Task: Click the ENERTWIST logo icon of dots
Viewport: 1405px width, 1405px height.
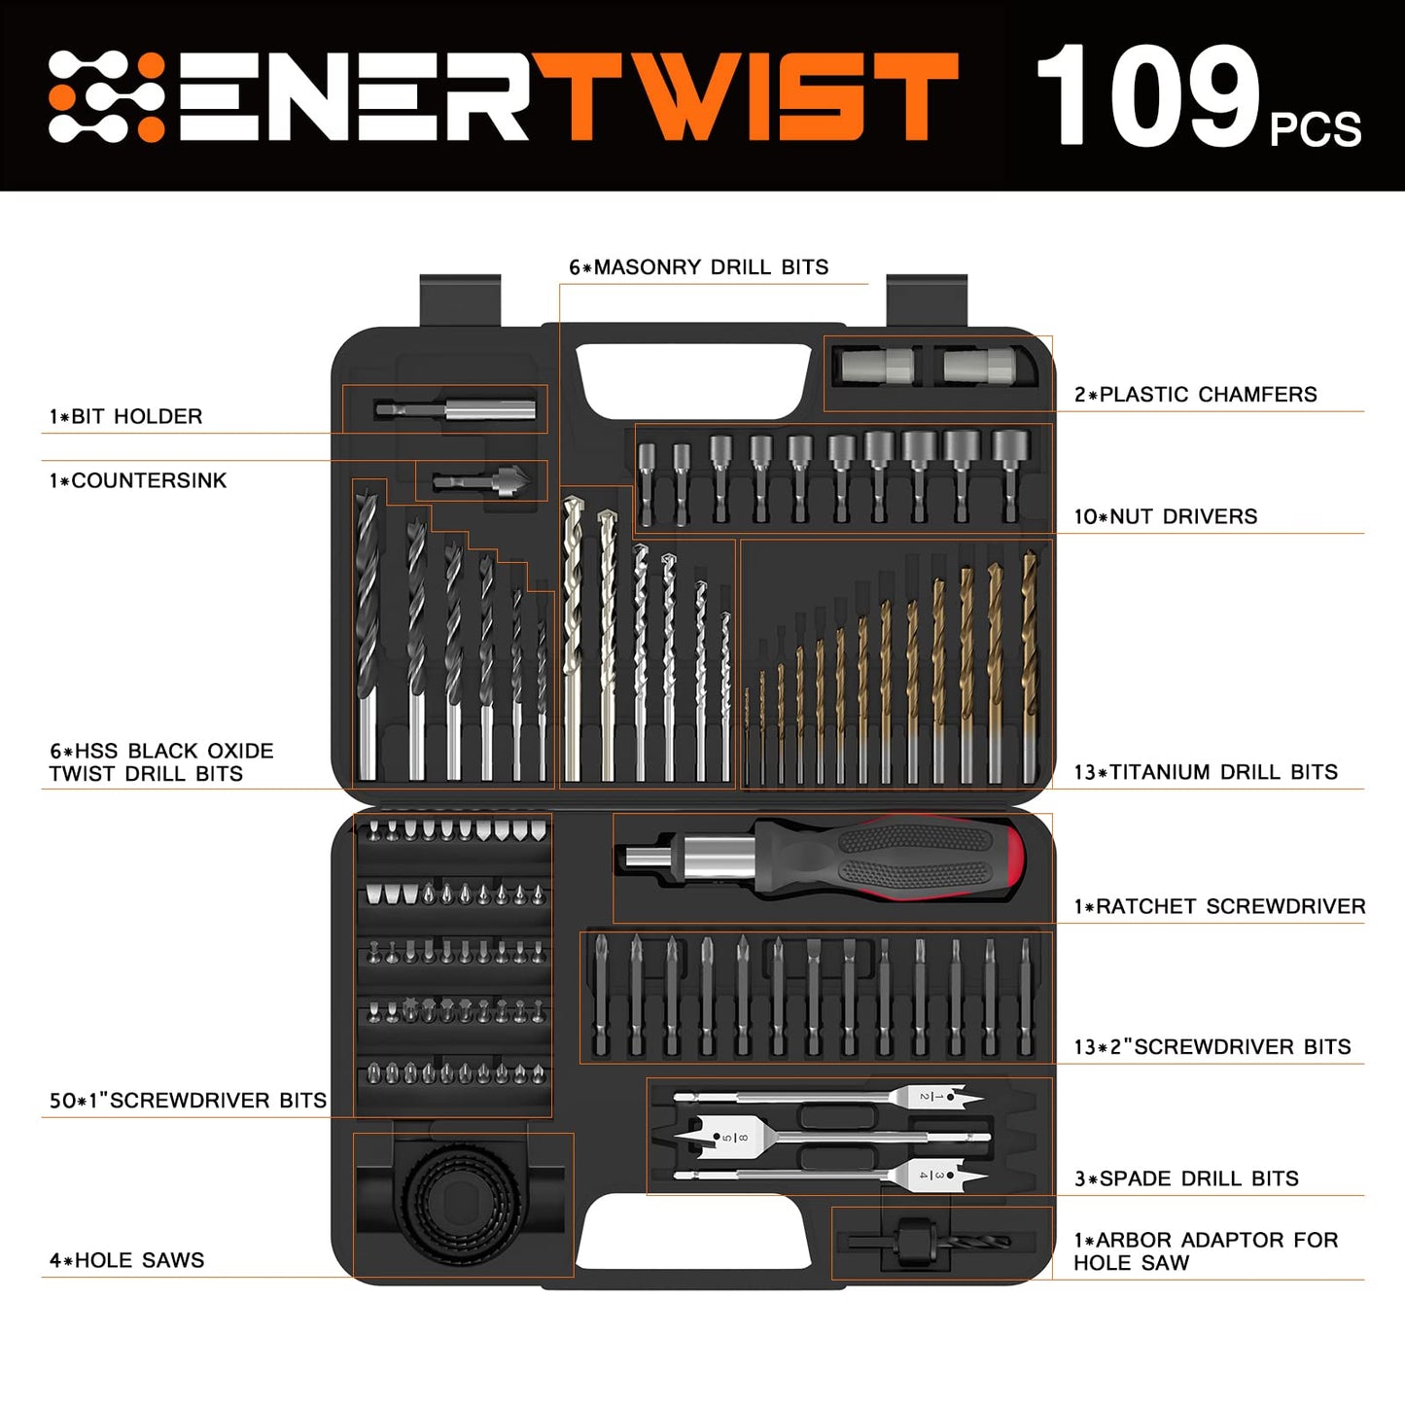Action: (106, 96)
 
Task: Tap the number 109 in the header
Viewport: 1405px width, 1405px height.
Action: (1147, 96)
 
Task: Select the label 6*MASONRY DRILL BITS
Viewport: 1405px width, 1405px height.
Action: (698, 267)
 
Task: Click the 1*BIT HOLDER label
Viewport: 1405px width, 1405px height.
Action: (126, 416)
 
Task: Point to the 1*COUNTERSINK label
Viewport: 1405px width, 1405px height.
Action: (138, 480)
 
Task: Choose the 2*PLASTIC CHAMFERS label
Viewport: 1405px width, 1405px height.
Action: (1195, 394)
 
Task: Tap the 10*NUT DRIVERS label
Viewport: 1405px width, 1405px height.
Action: (1165, 516)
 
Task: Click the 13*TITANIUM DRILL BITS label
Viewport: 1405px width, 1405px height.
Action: (1206, 772)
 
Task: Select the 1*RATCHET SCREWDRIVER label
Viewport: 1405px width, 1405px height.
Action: (1219, 906)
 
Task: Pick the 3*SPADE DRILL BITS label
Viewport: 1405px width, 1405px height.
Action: (1186, 1178)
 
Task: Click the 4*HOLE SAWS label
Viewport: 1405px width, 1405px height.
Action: (127, 1260)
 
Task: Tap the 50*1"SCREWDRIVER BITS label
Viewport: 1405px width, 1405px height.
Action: (188, 1101)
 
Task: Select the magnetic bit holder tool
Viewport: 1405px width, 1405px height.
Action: (455, 409)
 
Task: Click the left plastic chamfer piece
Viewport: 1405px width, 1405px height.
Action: (876, 367)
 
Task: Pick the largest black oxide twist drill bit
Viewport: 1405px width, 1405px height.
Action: (367, 632)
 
